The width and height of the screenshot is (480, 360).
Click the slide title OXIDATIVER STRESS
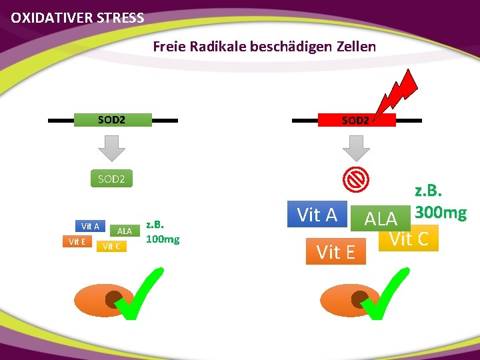[x=77, y=18]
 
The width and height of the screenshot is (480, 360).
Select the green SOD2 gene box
[x=111, y=120]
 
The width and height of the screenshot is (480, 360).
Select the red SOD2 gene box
[x=355, y=121]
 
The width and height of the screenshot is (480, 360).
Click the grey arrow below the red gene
[x=357, y=147]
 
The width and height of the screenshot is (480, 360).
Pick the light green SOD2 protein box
[x=111, y=179]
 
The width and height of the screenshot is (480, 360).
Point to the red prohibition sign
[x=356, y=178]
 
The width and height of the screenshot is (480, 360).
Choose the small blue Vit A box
[x=90, y=226]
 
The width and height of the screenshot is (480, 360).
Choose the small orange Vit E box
[x=77, y=241]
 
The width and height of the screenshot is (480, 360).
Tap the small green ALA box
[x=124, y=230]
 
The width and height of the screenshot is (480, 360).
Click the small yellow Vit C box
[x=111, y=246]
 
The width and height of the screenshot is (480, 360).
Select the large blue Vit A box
[x=317, y=215]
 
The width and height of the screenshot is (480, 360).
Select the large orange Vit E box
[x=336, y=252]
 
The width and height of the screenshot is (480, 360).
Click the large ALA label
[x=381, y=218]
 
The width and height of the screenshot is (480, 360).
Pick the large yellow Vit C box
[x=409, y=239]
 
